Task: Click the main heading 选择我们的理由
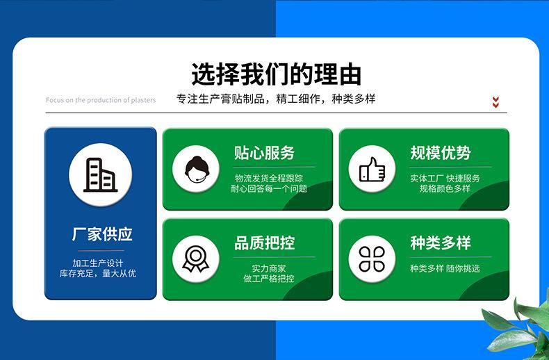(277, 74)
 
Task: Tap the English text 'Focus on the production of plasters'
(101, 100)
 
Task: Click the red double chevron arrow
(495, 102)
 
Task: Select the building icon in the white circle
(101, 174)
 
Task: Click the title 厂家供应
(102, 234)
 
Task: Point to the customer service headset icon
(197, 170)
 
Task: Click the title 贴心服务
(264, 153)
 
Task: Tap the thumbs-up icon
(372, 169)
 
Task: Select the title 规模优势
(441, 153)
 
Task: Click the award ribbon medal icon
(196, 259)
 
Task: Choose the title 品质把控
(264, 243)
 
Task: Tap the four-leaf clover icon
(372, 259)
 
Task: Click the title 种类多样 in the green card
(441, 243)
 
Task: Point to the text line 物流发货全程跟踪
(269, 178)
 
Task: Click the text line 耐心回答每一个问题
(269, 189)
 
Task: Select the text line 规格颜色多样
(445, 188)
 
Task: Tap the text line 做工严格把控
(269, 279)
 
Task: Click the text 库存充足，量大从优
(98, 273)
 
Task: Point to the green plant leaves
(518, 326)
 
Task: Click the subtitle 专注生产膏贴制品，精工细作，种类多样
(276, 99)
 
